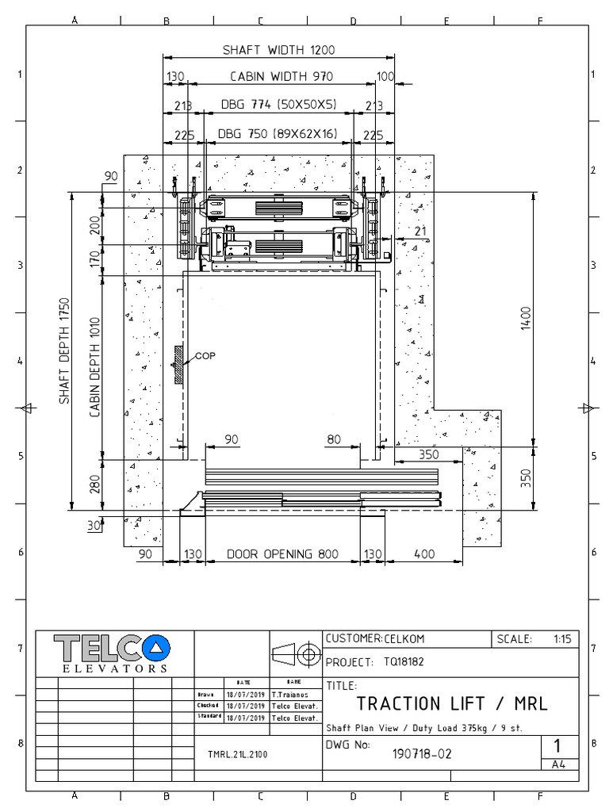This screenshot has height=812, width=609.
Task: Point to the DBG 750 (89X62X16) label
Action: click(278, 134)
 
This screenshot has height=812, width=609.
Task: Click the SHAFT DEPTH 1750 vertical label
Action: click(64, 350)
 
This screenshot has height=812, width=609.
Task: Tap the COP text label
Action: click(205, 356)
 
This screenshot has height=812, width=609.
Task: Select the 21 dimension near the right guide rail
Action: click(419, 231)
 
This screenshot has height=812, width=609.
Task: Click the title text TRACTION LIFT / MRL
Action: click(451, 703)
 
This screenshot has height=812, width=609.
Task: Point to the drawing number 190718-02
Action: click(422, 755)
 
